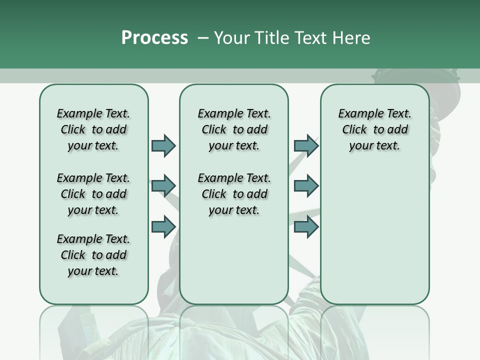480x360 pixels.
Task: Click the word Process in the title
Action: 154,38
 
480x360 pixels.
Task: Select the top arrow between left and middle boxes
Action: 163,145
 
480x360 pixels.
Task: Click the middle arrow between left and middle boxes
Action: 163,186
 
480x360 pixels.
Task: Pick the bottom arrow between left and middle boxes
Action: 163,227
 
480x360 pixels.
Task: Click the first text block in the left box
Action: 93,129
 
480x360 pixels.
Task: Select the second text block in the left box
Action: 93,194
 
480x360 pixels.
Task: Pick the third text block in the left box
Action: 93,255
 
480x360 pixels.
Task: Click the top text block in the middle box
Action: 234,129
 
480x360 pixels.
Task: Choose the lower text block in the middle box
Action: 234,194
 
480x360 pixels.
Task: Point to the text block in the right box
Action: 374,129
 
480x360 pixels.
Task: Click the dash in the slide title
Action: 203,38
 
